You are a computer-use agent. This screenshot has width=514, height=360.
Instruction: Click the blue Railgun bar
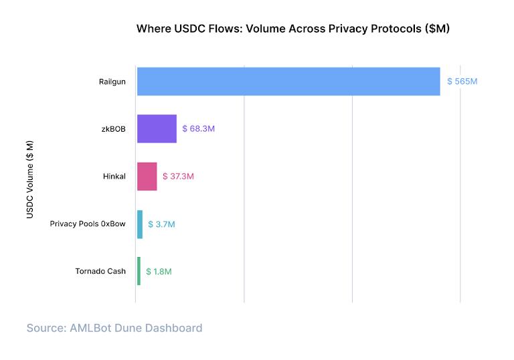[x=288, y=81]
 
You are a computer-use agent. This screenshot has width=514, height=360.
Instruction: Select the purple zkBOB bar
[x=157, y=128]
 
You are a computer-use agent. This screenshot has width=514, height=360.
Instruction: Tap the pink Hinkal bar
[x=147, y=177]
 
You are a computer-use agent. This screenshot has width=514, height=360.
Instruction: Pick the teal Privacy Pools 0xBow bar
[x=140, y=224]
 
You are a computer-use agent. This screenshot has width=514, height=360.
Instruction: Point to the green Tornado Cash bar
[x=139, y=271]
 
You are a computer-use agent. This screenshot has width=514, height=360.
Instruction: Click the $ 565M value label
[x=462, y=81]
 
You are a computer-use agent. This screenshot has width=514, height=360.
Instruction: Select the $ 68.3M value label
[x=198, y=128]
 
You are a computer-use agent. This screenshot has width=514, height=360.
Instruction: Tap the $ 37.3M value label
[x=178, y=177]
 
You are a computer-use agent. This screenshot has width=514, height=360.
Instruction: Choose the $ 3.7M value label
[x=161, y=224]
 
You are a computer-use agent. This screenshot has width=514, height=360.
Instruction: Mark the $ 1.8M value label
[x=159, y=272]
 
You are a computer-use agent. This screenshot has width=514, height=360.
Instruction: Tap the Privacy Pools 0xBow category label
[x=88, y=224]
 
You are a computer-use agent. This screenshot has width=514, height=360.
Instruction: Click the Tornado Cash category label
[x=100, y=272]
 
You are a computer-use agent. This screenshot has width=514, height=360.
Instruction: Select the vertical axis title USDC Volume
[x=30, y=179]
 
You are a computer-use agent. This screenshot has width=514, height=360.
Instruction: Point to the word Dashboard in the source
[x=177, y=328]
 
